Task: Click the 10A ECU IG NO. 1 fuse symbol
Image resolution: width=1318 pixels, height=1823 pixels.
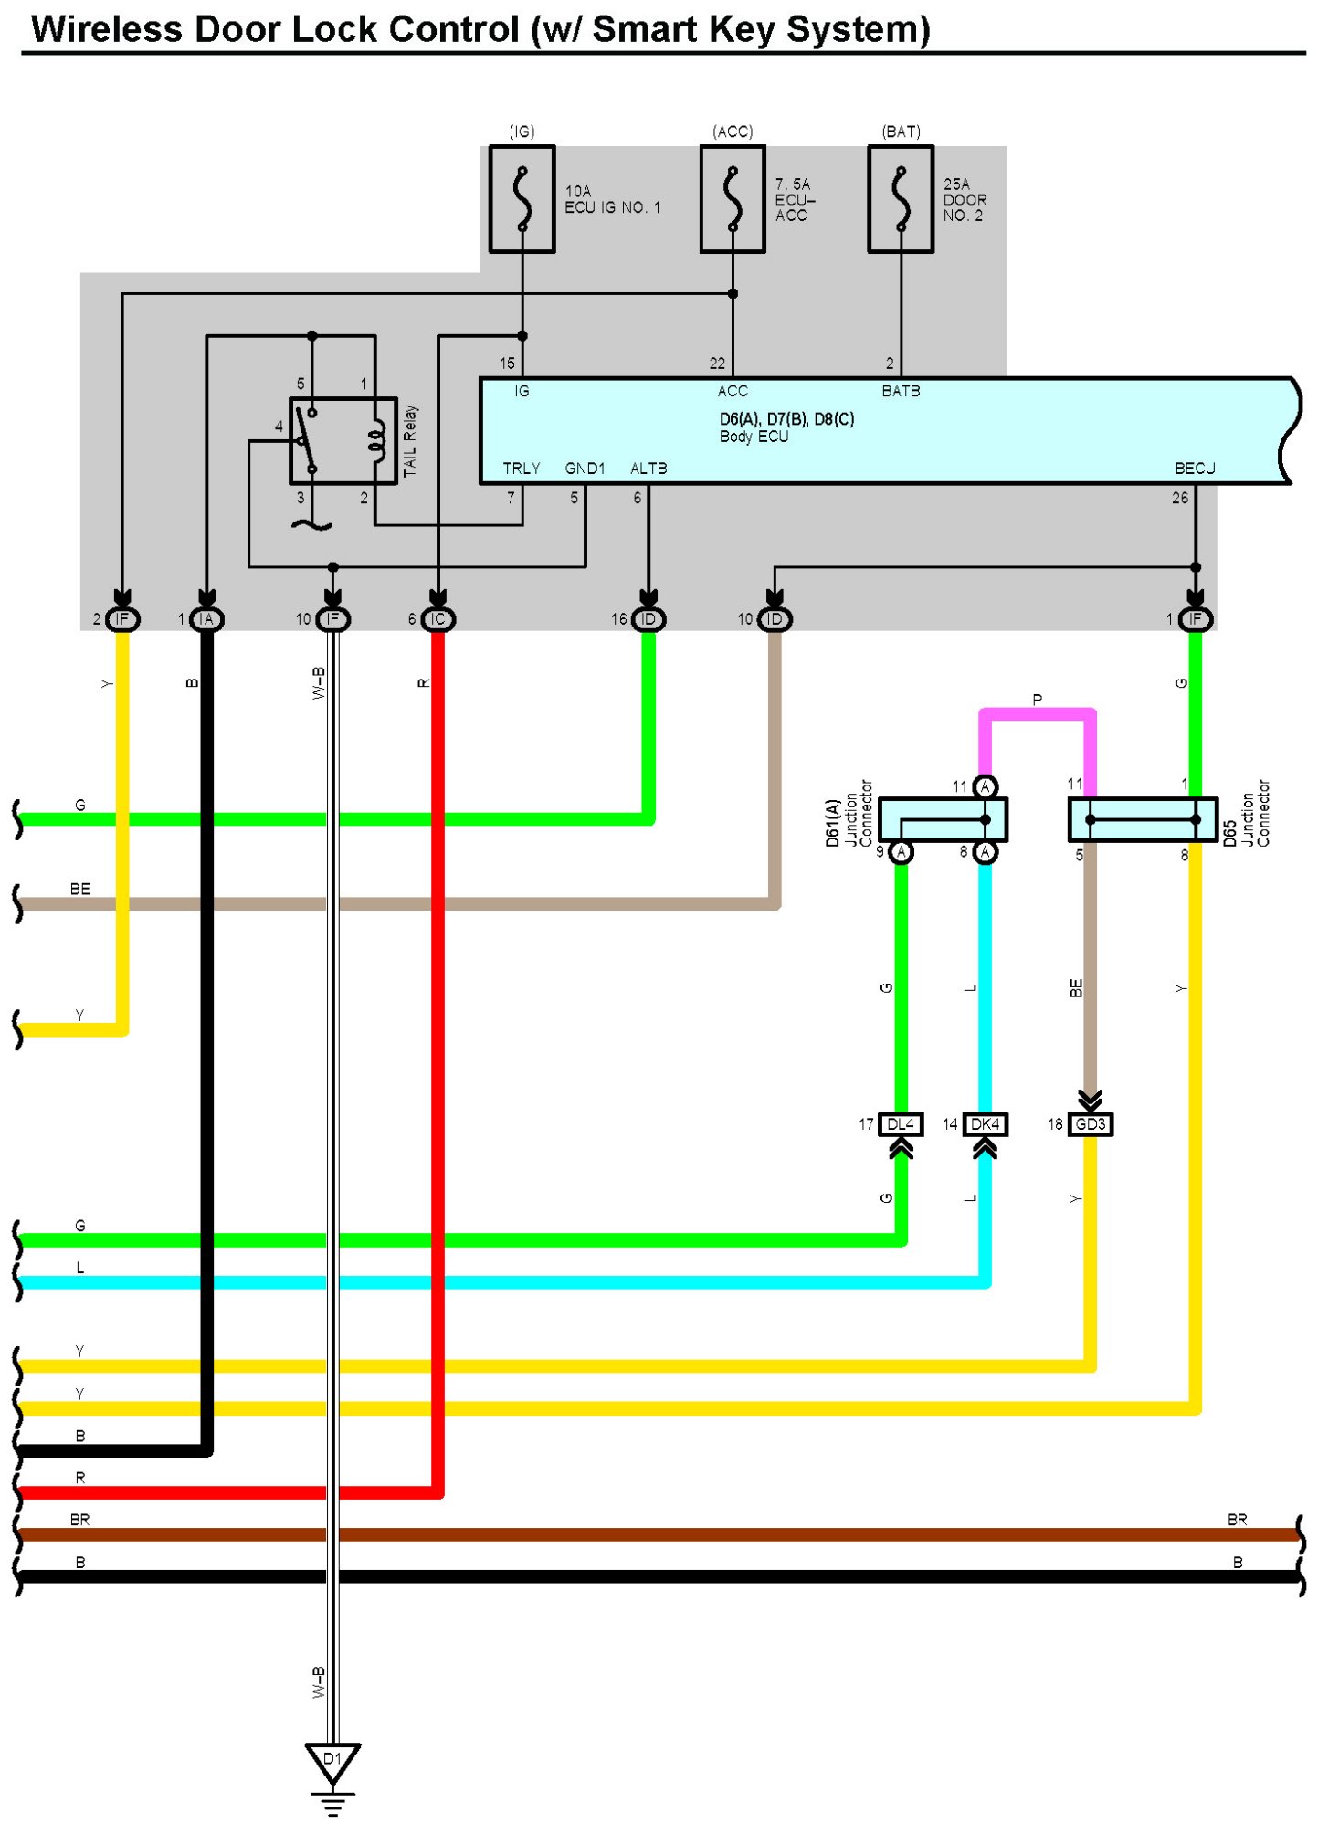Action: [x=522, y=198]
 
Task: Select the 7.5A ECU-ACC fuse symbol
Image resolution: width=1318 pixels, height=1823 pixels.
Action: [x=733, y=198]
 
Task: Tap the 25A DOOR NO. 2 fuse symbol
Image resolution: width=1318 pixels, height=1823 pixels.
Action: [x=901, y=198]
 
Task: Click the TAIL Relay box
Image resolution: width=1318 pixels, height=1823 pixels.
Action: [x=343, y=440]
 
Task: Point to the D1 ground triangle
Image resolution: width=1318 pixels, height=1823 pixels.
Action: [x=332, y=1763]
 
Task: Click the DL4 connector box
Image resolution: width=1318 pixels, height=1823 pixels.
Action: [x=901, y=1124]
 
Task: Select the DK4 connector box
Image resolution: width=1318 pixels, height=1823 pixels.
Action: [x=985, y=1124]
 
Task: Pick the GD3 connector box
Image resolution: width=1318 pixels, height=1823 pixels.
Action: [x=1090, y=1124]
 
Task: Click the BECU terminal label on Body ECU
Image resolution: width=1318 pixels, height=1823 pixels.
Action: [x=1195, y=469]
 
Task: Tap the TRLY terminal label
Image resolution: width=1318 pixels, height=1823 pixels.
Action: [x=522, y=469]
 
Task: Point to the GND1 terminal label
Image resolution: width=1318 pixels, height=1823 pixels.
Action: [x=585, y=469]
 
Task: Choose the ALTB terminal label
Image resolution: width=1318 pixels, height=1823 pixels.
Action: [x=648, y=469]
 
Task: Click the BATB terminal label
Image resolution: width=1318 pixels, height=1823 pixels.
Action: [x=901, y=391]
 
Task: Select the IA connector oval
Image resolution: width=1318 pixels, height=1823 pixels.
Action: [x=206, y=619]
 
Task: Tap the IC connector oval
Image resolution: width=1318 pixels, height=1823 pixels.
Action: [x=438, y=619]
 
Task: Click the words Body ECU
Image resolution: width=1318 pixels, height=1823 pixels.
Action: [x=754, y=437]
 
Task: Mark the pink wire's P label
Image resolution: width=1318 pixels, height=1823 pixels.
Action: [x=1037, y=701]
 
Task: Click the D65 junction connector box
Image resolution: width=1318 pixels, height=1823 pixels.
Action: [x=1143, y=819]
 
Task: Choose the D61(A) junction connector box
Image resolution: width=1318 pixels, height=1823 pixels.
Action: [x=943, y=819]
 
